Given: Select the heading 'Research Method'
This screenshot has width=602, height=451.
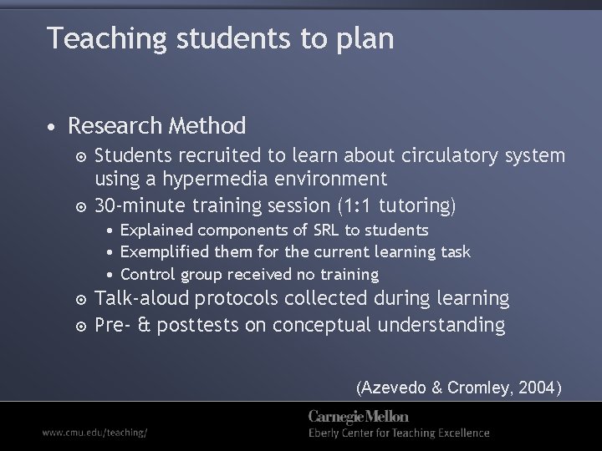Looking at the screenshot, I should pyautogui.click(x=157, y=126).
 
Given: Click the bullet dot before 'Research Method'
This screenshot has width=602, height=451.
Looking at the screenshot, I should pyautogui.click(x=52, y=128).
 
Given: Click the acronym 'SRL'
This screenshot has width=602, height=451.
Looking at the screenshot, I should pyautogui.click(x=307, y=230).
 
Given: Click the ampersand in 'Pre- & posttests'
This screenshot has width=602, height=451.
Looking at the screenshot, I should pyautogui.click(x=145, y=325).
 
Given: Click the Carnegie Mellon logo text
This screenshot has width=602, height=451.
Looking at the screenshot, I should pyautogui.click(x=358, y=417).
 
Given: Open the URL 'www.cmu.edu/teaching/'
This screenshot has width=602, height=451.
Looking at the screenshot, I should pyautogui.click(x=94, y=433).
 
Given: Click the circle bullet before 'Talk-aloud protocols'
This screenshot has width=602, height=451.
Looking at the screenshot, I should pyautogui.click(x=80, y=299).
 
